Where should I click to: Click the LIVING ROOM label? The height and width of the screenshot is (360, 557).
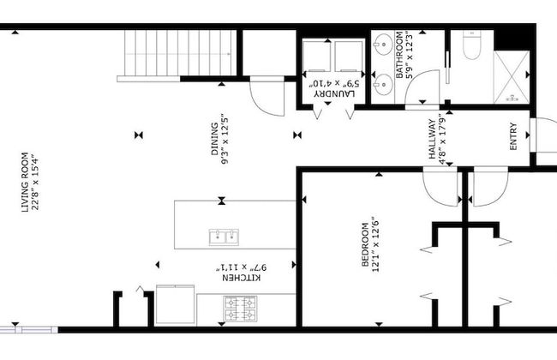click(x=26, y=181)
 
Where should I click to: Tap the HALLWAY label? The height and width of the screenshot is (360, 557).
click(x=434, y=140)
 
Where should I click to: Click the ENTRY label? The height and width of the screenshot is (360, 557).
click(x=513, y=140)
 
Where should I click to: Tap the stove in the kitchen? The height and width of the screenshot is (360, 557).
click(x=241, y=308)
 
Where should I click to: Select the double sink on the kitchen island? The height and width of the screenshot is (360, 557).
click(x=224, y=237)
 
